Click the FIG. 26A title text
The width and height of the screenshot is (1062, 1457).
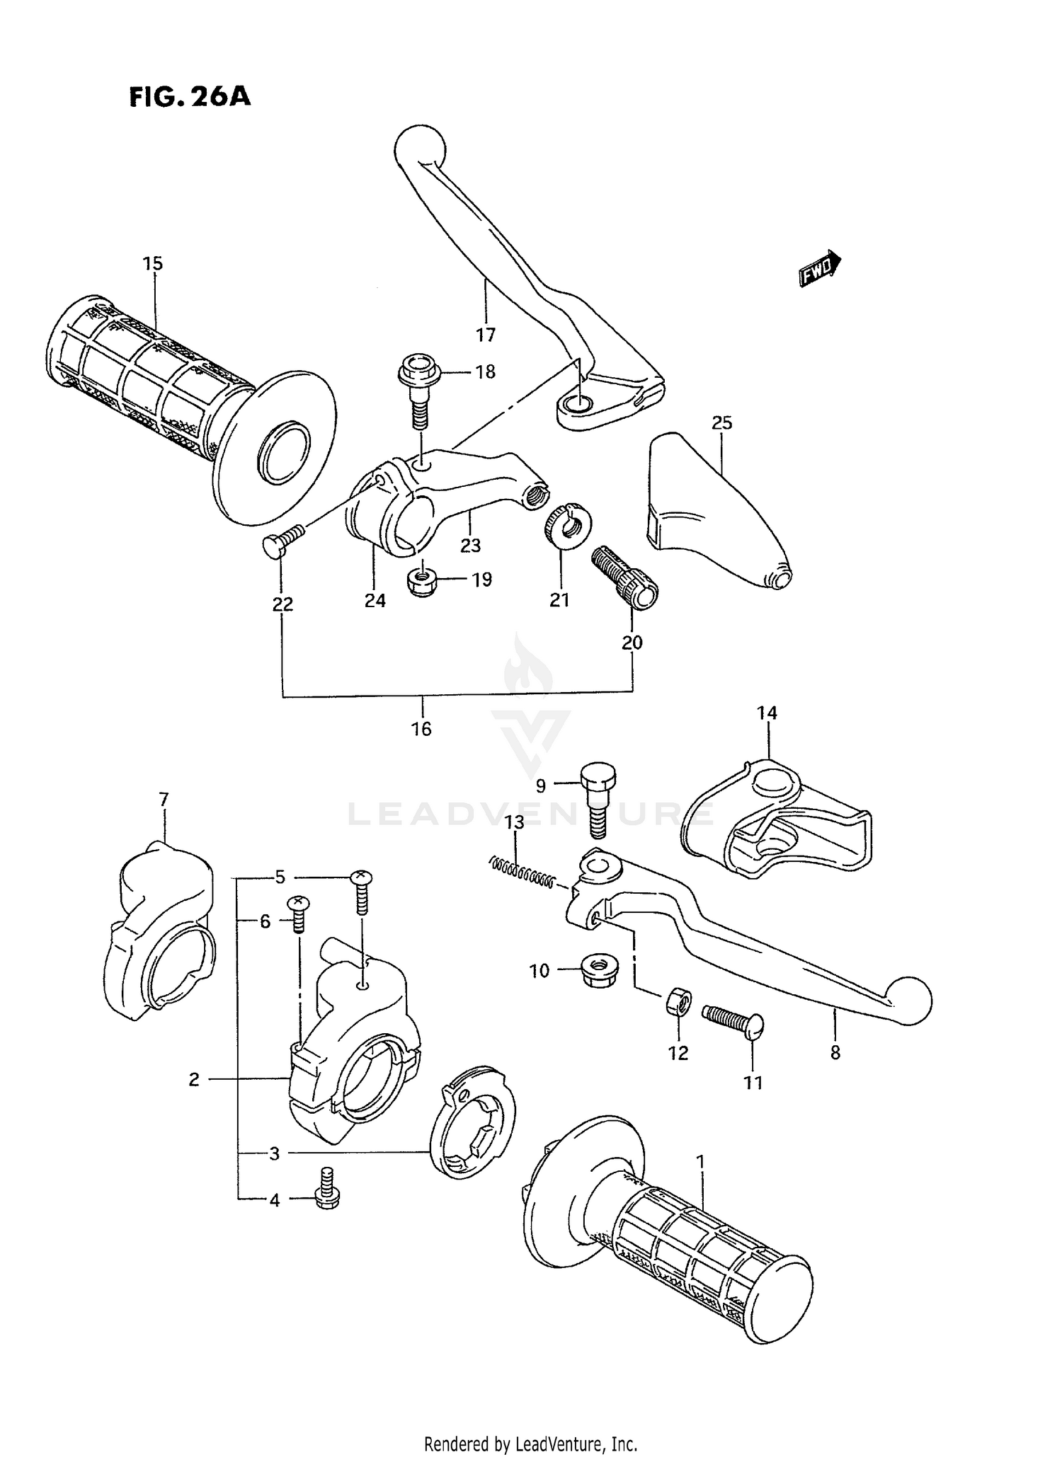(x=190, y=96)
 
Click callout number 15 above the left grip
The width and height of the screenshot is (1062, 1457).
(x=152, y=264)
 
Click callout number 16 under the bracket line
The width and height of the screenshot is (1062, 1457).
(x=421, y=729)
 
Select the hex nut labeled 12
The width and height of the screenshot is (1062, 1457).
(x=676, y=1002)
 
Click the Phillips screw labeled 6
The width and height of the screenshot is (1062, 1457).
(x=298, y=916)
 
